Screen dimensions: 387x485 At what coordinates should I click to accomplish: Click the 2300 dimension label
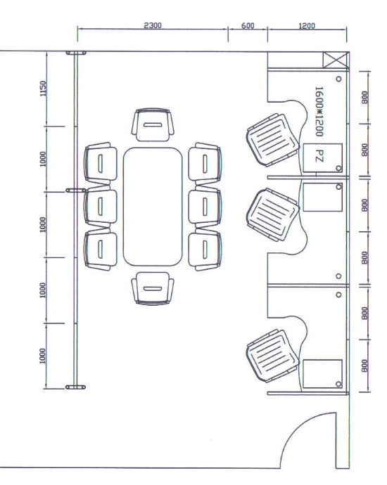pyautogui.click(x=153, y=25)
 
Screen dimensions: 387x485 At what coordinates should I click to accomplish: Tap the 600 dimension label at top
pyautogui.click(x=248, y=26)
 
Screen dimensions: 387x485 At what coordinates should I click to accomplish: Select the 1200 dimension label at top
pyautogui.click(x=307, y=26)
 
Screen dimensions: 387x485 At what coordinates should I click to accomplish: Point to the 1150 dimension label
pyautogui.click(x=43, y=89)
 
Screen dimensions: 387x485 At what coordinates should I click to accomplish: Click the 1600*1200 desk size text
pyautogui.click(x=319, y=111)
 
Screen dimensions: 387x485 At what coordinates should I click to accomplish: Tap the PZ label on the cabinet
pyautogui.click(x=319, y=155)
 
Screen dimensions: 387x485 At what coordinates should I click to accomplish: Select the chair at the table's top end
pyautogui.click(x=153, y=125)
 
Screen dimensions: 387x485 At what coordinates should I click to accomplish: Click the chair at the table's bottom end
pyautogui.click(x=153, y=289)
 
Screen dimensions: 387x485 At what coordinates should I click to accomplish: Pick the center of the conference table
pyautogui.click(x=153, y=207)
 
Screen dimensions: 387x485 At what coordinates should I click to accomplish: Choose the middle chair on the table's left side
pyautogui.click(x=101, y=207)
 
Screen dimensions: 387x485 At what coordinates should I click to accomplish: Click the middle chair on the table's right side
pyautogui.click(x=205, y=207)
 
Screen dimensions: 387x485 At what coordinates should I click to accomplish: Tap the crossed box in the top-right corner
pyautogui.click(x=336, y=60)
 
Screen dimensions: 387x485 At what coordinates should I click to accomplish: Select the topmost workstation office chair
pyautogui.click(x=273, y=140)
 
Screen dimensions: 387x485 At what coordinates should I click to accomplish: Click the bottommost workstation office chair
pyautogui.click(x=273, y=356)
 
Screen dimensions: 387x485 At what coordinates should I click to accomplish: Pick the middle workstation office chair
pyautogui.click(x=273, y=214)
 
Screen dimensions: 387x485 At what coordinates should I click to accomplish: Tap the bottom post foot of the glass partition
pyautogui.click(x=75, y=387)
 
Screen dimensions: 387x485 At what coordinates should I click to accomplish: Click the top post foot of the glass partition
pyautogui.click(x=76, y=53)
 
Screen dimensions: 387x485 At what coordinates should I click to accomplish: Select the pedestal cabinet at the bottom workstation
pyautogui.click(x=322, y=373)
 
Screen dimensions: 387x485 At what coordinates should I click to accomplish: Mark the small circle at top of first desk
pyautogui.click(x=338, y=79)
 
